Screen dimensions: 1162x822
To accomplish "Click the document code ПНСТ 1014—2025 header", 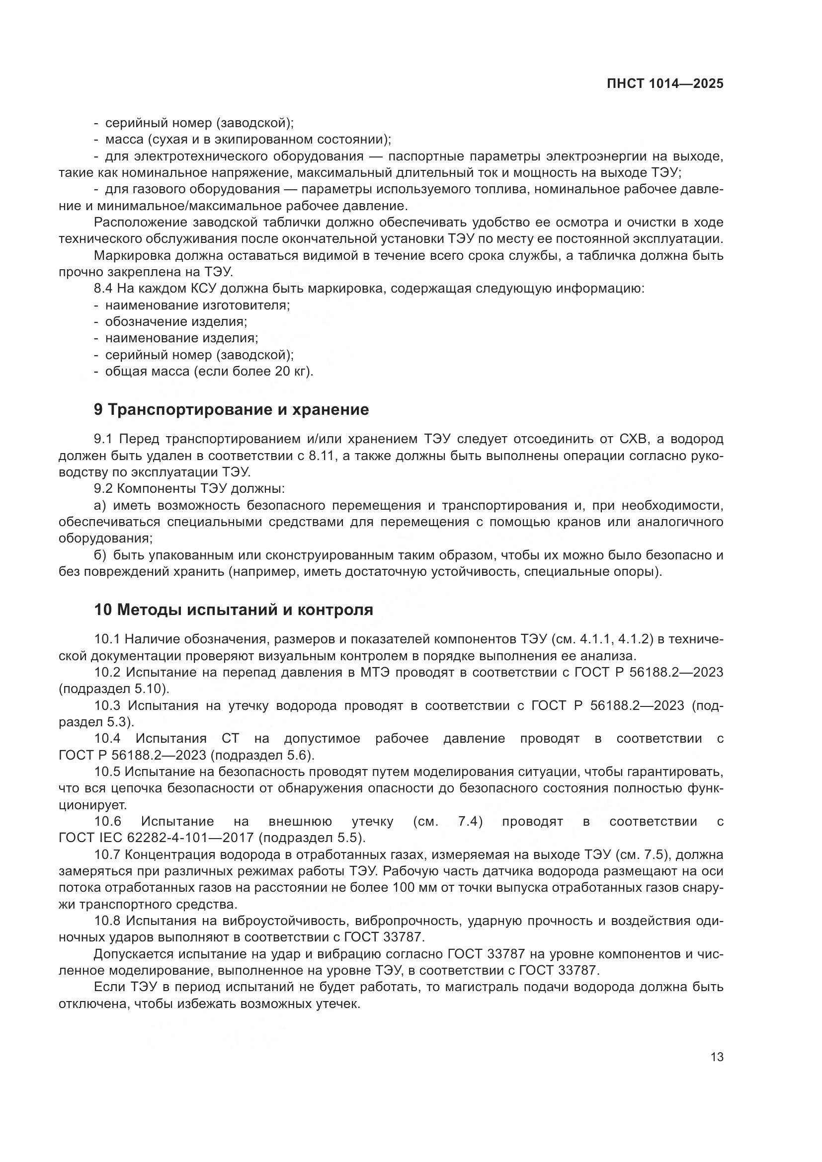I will coord(664,84).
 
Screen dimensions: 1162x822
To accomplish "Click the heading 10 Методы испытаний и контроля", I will coord(234,610).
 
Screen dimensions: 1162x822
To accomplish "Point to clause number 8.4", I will coord(104,289).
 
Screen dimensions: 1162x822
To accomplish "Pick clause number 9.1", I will coord(104,439).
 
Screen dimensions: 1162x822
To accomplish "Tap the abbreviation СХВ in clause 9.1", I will coord(636,439).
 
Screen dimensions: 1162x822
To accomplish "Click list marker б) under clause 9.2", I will coord(100,555).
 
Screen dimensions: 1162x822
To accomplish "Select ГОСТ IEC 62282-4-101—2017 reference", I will coord(156,838).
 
